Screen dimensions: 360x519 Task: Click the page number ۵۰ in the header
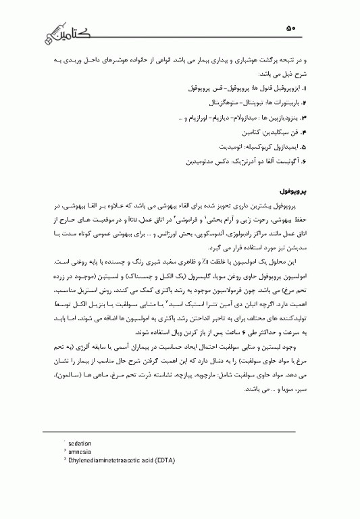coord(290,28)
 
